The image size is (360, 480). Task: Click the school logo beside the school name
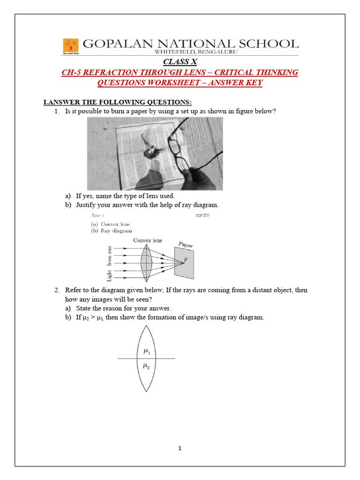point(71,46)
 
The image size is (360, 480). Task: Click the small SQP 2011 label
point(202,216)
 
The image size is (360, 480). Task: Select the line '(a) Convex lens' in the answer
point(110,224)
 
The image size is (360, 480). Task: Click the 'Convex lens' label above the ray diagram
point(148,240)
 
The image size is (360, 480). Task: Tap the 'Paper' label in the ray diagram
point(186,245)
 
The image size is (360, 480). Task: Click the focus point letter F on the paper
point(187,260)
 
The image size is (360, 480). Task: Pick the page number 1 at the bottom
point(180,448)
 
